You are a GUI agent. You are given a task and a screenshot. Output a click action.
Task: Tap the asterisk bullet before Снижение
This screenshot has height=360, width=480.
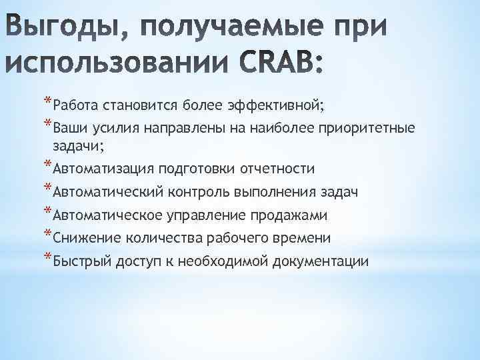click(x=47, y=234)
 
